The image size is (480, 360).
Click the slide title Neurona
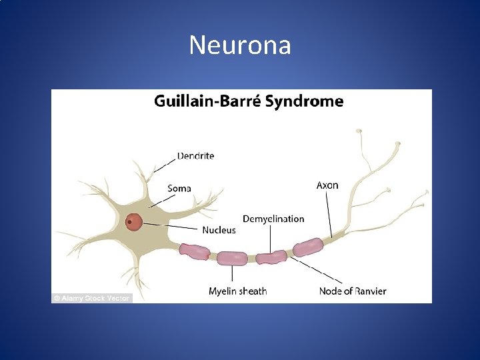pos(240,45)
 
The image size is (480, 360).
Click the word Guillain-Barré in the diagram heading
pos(208,101)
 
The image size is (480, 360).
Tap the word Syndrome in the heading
pos(305,101)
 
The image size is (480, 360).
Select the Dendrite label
pos(195,156)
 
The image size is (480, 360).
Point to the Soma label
pos(179,188)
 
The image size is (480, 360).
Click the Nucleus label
pos(219,230)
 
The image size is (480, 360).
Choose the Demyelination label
pos(273,219)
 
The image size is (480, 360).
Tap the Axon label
pos(327,185)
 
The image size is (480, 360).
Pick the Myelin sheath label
pos(237,291)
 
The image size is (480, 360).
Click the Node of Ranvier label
pos(352,291)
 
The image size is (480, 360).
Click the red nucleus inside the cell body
pos(135,221)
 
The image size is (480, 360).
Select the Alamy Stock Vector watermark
pos(92,298)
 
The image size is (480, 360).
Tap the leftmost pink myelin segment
pos(194,251)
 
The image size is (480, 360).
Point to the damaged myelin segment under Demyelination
pos(271,257)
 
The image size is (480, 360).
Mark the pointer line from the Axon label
pos(329,213)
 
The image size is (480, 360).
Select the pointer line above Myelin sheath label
pos(233,274)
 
